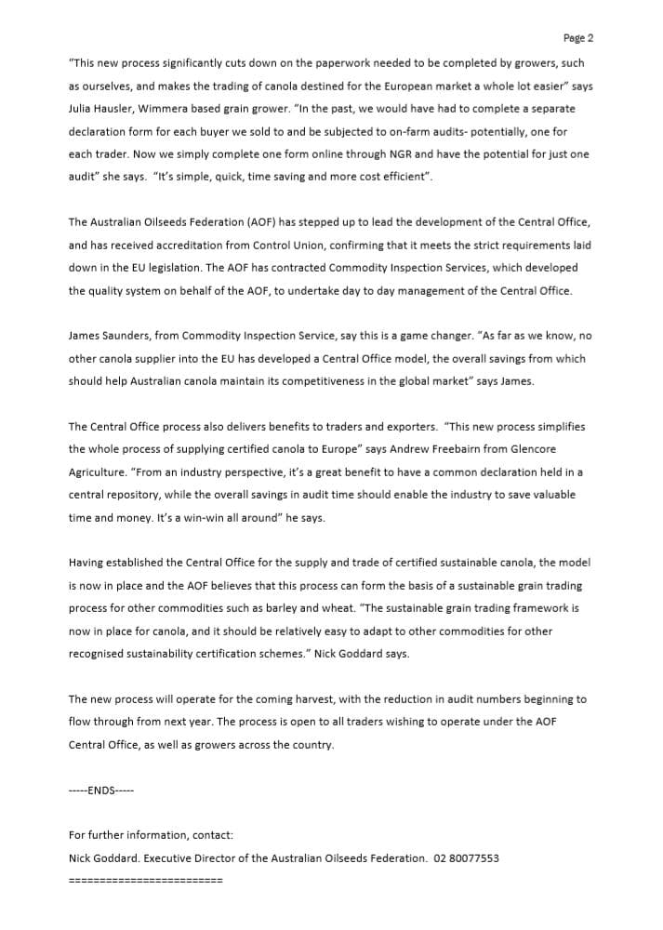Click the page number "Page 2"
577,38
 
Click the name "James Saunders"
108,336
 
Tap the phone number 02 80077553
466,857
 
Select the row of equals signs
145,880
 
